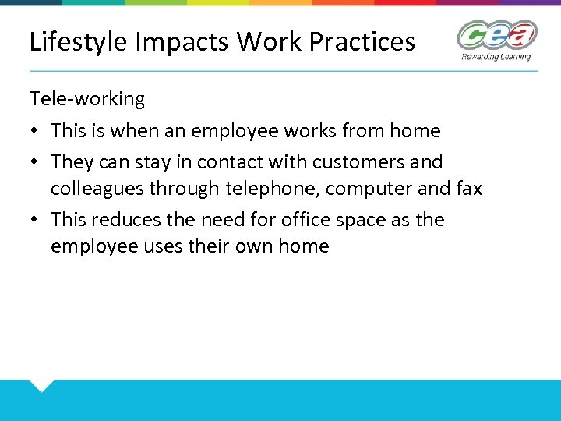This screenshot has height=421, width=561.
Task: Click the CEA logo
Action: (496, 36)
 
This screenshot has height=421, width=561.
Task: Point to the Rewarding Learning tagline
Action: (496, 56)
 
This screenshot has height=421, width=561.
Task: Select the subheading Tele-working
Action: (87, 99)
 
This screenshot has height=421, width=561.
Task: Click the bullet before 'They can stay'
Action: (34, 162)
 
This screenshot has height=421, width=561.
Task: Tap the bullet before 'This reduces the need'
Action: (34, 220)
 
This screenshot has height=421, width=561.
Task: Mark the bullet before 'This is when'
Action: (34, 131)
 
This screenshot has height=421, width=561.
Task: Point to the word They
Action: (72, 162)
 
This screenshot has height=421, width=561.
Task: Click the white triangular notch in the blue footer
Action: (41, 385)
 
